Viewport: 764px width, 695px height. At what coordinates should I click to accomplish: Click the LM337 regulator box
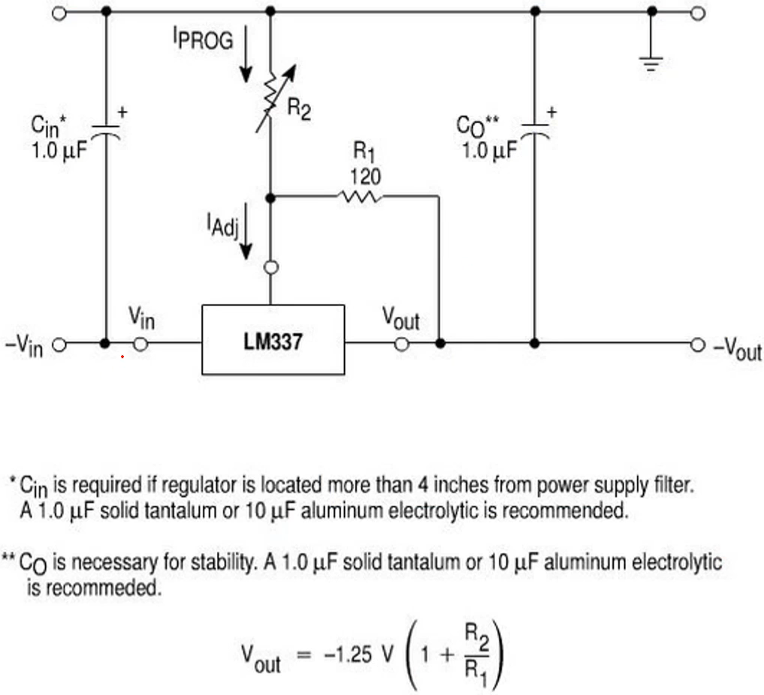pos(273,340)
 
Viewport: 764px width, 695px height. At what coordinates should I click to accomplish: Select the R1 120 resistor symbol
pos(362,197)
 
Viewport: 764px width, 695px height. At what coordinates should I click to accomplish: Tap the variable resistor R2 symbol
pos(272,98)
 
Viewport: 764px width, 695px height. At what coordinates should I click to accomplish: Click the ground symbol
pos(651,62)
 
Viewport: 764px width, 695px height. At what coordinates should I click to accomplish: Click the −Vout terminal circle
pos(698,344)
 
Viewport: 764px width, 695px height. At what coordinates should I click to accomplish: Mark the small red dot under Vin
pos(122,358)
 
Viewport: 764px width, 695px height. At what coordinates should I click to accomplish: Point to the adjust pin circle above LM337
pos(272,267)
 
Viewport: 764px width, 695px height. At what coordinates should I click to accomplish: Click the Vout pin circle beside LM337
pos(402,344)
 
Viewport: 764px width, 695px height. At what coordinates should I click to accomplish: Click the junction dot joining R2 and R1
pos(272,197)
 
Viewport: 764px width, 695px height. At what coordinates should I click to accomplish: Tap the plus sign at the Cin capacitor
pos(123,113)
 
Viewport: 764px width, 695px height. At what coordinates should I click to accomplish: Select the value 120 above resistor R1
pos(366,177)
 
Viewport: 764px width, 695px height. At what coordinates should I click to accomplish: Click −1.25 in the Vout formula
pos(347,654)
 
